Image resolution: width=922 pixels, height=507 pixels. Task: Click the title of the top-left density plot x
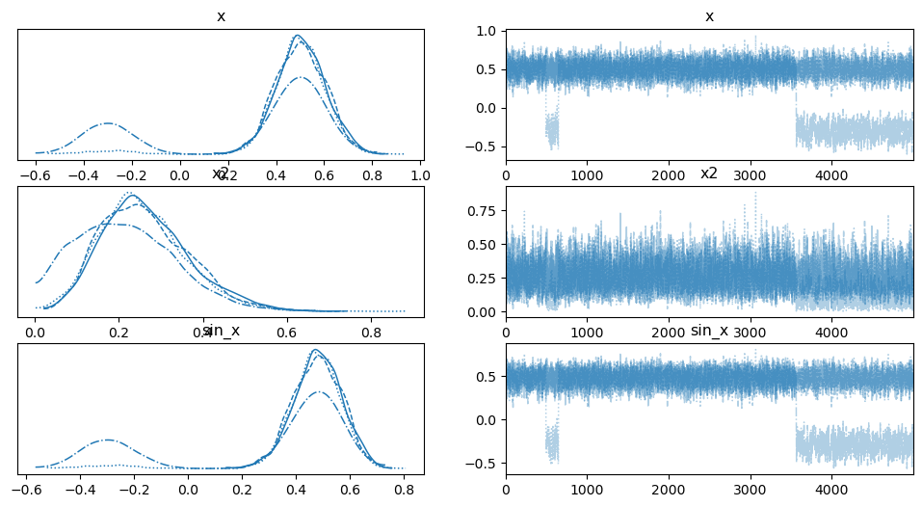(x=222, y=17)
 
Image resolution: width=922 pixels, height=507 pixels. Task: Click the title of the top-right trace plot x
(x=710, y=17)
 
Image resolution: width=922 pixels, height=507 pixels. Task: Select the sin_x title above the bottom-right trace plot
(x=710, y=332)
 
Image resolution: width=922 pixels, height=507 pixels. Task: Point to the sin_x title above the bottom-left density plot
(x=222, y=332)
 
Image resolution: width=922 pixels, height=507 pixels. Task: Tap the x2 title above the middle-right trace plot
(x=710, y=174)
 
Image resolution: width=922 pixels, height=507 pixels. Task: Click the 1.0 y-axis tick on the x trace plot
(x=488, y=31)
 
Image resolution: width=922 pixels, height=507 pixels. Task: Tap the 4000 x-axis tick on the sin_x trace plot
(x=831, y=490)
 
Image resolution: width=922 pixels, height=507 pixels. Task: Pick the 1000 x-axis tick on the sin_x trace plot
(x=587, y=490)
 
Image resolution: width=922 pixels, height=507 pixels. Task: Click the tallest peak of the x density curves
(x=298, y=36)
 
